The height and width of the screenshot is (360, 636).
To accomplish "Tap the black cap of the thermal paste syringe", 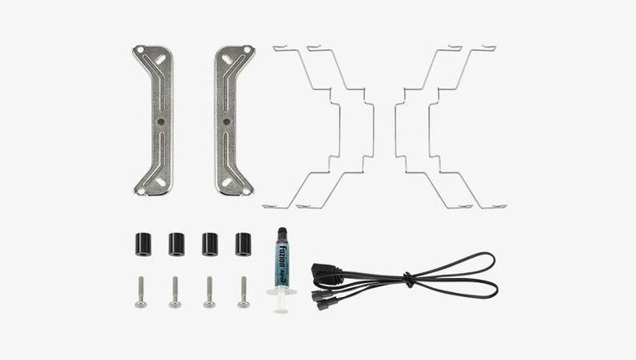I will coord(280,233).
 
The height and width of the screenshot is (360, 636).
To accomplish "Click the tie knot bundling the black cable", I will coord(408,278).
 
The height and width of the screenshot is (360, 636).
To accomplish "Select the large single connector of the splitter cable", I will coord(324,273).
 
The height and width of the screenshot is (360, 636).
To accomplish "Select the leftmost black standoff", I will coord(141,243).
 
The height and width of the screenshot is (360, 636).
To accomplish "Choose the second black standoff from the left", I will coord(176,244).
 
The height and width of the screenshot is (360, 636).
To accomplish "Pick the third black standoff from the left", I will coord(209,244).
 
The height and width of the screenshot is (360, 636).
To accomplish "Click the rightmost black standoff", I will coord(244,244).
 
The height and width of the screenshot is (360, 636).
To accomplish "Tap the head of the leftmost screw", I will coord(141,303).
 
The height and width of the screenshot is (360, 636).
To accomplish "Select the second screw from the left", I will coord(175,292).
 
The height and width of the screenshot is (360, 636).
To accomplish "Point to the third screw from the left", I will coord(209,292).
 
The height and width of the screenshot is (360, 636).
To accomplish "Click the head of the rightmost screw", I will coord(244,303).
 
